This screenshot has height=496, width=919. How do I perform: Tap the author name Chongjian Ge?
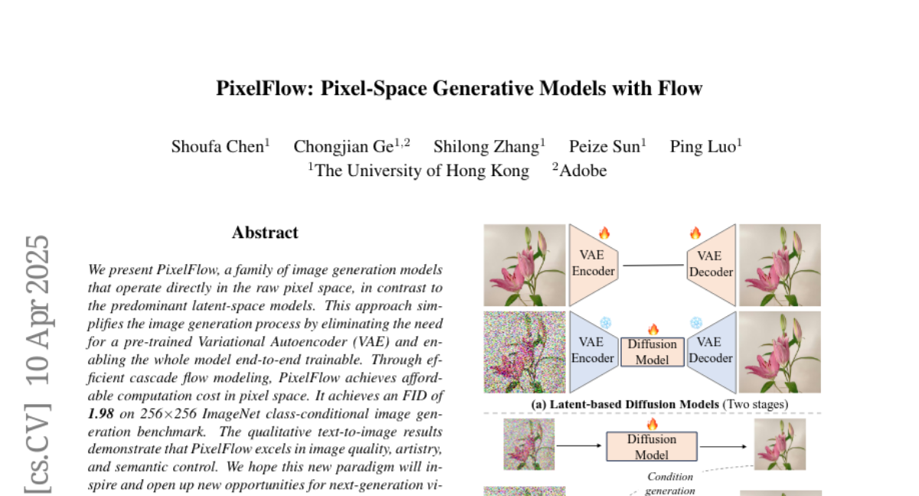[342, 147]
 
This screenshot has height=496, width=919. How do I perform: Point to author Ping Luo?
[703, 147]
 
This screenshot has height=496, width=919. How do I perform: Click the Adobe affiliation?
[583, 171]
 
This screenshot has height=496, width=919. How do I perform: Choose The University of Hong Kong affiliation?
[421, 171]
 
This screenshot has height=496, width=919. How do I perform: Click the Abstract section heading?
[265, 233]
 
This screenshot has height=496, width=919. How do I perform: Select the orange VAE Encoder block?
[593, 263]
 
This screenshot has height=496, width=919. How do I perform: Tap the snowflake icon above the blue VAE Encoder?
[605, 323]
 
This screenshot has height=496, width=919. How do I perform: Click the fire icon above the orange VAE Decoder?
[695, 233]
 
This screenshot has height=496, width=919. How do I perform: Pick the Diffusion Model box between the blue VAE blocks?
[652, 352]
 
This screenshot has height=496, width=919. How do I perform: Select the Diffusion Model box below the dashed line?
[652, 447]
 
